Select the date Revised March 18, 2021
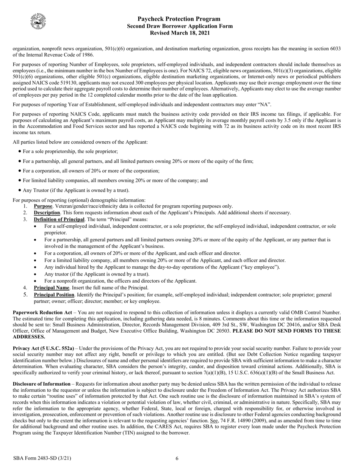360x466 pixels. (x=180, y=33)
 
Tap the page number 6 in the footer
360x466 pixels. (x=177, y=458)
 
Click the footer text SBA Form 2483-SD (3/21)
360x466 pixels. (x=42, y=458)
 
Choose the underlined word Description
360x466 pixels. (x=47, y=213)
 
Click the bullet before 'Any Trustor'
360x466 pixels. (x=20, y=191)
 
